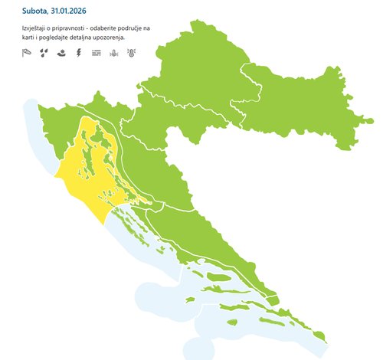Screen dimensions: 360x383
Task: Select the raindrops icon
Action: coord(44,53)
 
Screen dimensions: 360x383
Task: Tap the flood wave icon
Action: coord(61,53)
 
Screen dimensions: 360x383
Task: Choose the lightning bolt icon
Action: coord(79,53)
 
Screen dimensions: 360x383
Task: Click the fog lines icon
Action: coord(96,53)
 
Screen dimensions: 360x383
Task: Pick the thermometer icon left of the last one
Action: coord(113,53)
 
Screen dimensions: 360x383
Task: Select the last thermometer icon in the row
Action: coord(131,53)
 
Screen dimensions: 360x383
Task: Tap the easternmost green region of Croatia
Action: coord(306,107)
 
